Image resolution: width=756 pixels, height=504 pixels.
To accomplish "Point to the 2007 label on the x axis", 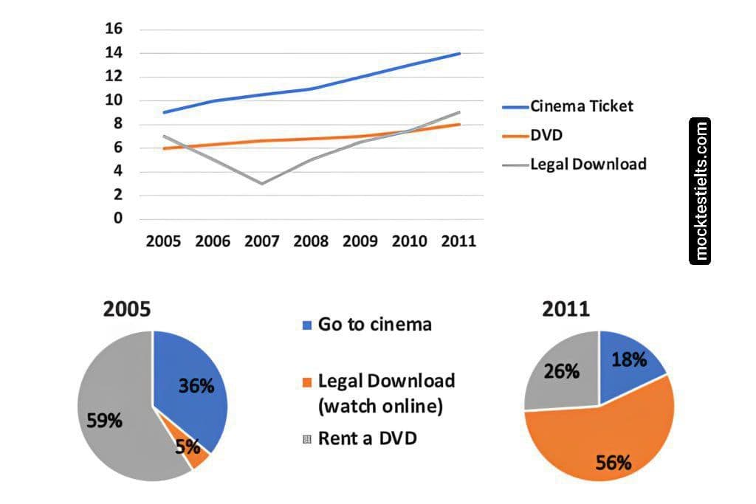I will pos(262,241).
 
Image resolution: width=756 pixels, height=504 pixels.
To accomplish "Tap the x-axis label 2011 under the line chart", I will pos(459,241).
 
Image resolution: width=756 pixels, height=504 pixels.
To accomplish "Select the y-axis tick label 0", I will pos(117,219).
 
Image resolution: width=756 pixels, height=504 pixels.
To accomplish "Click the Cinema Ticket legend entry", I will pos(581,106).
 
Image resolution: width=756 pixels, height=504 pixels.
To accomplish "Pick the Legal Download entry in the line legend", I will pos(588,164).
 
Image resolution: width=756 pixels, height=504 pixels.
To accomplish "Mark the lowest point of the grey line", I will pos(262,184).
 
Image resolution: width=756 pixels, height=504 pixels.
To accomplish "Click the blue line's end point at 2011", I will pos(460,53).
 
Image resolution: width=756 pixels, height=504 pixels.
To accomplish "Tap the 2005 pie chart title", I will pos(126,308).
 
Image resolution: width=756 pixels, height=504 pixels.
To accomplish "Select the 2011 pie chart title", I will pos(566,308).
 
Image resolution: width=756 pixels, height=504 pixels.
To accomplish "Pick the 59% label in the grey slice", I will pos(105,421).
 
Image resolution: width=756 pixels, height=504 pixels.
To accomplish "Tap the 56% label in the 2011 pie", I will pos(614,463).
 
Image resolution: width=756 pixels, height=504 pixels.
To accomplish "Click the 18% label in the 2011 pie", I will pos(629,359).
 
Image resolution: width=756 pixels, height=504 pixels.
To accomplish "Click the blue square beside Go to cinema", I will pos(308,325).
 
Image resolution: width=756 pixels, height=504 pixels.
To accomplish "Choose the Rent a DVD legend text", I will pos(367,438).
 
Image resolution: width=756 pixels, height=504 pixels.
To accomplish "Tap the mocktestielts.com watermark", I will pos(700,191).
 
